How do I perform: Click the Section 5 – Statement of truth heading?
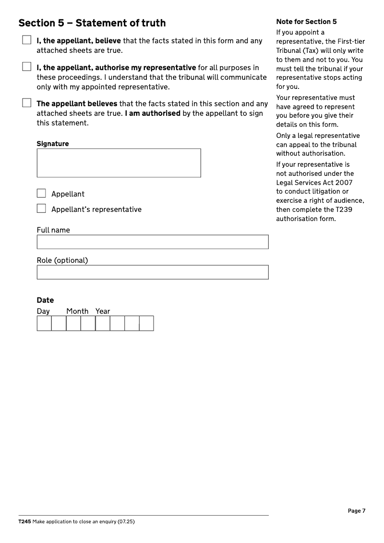click(92, 23)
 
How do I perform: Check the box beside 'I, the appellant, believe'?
click(26, 40)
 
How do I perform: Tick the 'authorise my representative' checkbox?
click(26, 67)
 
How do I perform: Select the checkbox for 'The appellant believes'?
click(26, 103)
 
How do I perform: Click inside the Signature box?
click(119, 163)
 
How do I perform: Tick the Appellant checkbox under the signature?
click(42, 194)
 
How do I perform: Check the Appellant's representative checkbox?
click(42, 209)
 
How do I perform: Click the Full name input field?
click(152, 242)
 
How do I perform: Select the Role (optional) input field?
click(152, 272)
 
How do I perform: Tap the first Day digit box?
click(44, 323)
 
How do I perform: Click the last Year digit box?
click(146, 323)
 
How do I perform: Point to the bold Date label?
click(45, 300)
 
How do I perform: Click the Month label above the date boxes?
click(77, 311)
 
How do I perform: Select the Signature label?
click(53, 144)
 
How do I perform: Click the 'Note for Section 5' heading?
click(306, 22)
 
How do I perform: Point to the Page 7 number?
click(357, 511)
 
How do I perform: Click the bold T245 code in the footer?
click(24, 521)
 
